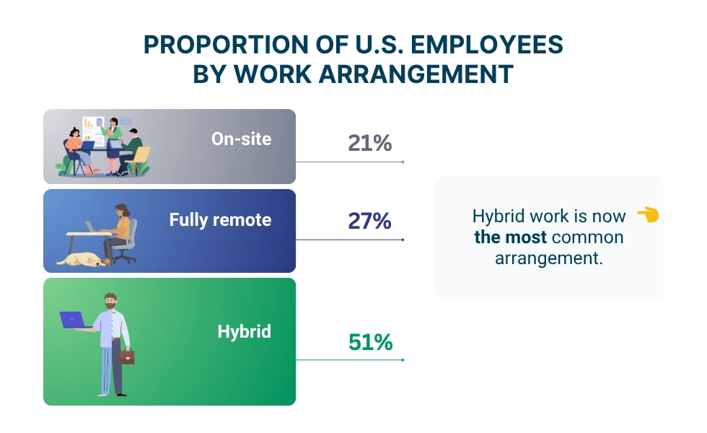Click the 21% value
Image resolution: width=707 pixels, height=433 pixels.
pos(369,143)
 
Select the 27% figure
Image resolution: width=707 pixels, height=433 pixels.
pos(369,221)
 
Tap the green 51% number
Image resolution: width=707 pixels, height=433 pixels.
pos(371,342)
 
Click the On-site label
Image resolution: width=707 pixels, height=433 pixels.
pos(241,139)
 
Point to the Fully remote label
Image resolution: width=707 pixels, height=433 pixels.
pos(220,220)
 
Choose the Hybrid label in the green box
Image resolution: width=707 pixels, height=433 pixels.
pos(245,331)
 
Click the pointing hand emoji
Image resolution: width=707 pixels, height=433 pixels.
pos(649,215)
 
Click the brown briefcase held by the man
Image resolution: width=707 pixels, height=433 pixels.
pos(127,357)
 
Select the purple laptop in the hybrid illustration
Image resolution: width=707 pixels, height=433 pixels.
pos(73,320)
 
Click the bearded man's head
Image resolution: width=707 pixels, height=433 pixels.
pos(110,302)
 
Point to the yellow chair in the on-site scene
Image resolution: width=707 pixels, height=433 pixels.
pos(139,160)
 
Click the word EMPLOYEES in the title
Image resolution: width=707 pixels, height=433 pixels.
pos(487,45)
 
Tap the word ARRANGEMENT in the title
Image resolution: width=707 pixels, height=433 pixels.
pos(416,74)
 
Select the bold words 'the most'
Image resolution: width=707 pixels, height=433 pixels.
pos(511,237)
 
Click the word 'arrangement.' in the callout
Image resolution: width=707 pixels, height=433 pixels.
pos(549,258)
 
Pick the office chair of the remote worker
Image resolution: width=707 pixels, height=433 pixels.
pos(127,241)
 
